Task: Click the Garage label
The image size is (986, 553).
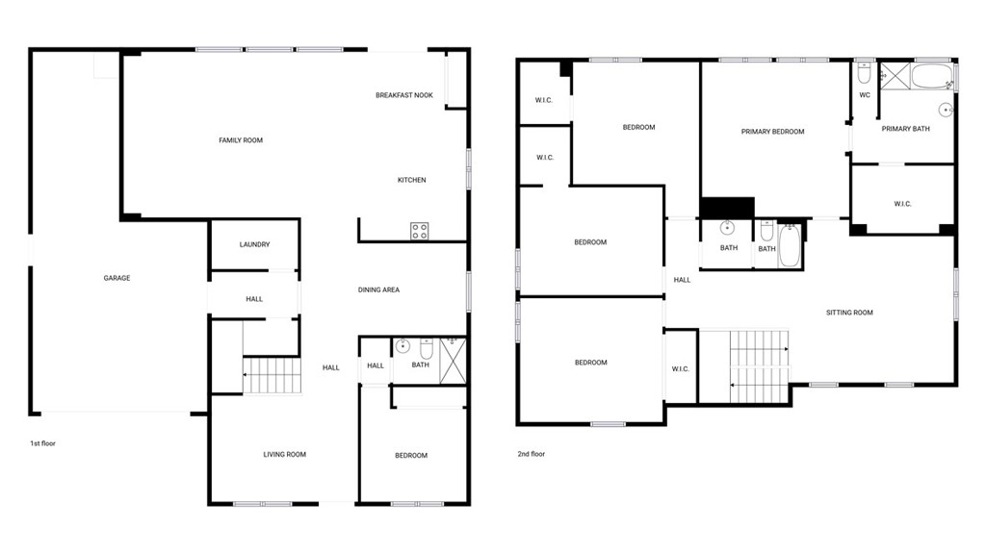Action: click(117, 278)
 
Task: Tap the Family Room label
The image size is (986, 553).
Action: click(241, 140)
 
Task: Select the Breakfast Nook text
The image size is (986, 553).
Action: click(404, 95)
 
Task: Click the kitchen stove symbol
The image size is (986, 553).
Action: click(420, 231)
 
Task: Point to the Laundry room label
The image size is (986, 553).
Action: click(254, 244)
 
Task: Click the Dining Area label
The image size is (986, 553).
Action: click(378, 289)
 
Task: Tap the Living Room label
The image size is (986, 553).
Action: click(285, 454)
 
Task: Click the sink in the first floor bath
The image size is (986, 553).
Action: click(403, 345)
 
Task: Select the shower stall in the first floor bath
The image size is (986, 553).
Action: click(453, 360)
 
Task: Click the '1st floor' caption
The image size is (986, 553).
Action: click(42, 443)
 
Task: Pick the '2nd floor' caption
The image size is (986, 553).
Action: click(532, 454)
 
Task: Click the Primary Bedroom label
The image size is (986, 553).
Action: click(773, 132)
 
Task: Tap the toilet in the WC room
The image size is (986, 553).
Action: click(864, 73)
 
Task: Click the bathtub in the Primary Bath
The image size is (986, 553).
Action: click(932, 77)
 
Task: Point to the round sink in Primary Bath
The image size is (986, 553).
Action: click(947, 110)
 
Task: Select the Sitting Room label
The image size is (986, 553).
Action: click(849, 313)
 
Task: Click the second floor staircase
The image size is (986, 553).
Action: click(759, 366)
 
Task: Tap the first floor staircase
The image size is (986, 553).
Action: click(272, 375)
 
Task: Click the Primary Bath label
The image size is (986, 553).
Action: click(905, 129)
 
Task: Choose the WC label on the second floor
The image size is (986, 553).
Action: click(865, 95)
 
